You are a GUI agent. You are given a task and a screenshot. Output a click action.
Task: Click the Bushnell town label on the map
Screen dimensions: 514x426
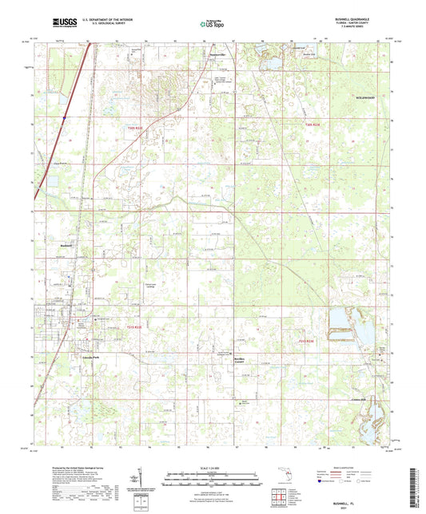(x=66, y=246)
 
